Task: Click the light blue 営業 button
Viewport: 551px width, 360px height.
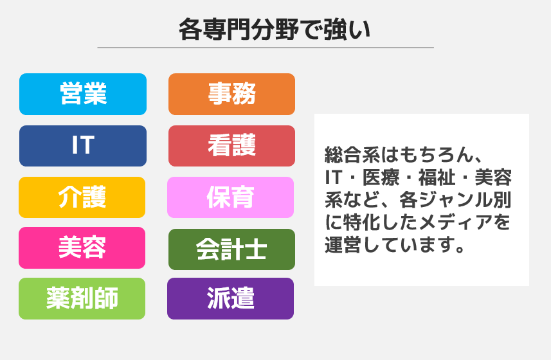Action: pyautogui.click(x=83, y=94)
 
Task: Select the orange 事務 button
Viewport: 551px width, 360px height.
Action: pyautogui.click(x=231, y=94)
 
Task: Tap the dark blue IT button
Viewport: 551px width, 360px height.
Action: pyautogui.click(x=83, y=146)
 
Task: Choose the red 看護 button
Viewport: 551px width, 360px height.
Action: pyautogui.click(x=231, y=146)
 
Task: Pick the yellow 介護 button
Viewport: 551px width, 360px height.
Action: pyautogui.click(x=82, y=197)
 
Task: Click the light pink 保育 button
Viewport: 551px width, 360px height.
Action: pyautogui.click(x=231, y=197)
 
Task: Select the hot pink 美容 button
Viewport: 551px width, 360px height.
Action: pyautogui.click(x=82, y=248)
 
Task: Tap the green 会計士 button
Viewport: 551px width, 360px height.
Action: pyautogui.click(x=231, y=249)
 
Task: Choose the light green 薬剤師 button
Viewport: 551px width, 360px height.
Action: pyautogui.click(x=82, y=298)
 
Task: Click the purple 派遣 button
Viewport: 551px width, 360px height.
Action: pyautogui.click(x=231, y=298)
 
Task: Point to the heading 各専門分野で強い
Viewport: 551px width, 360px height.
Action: pyautogui.click(x=275, y=30)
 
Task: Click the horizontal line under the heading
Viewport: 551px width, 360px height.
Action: pyautogui.click(x=266, y=48)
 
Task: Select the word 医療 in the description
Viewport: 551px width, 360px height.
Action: pyautogui.click(x=381, y=177)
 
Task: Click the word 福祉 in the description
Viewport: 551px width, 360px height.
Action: pyautogui.click(x=437, y=177)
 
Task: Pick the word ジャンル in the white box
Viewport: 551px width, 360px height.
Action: pyautogui.click(x=455, y=200)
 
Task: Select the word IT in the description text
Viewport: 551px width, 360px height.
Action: pyautogui.click(x=333, y=177)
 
